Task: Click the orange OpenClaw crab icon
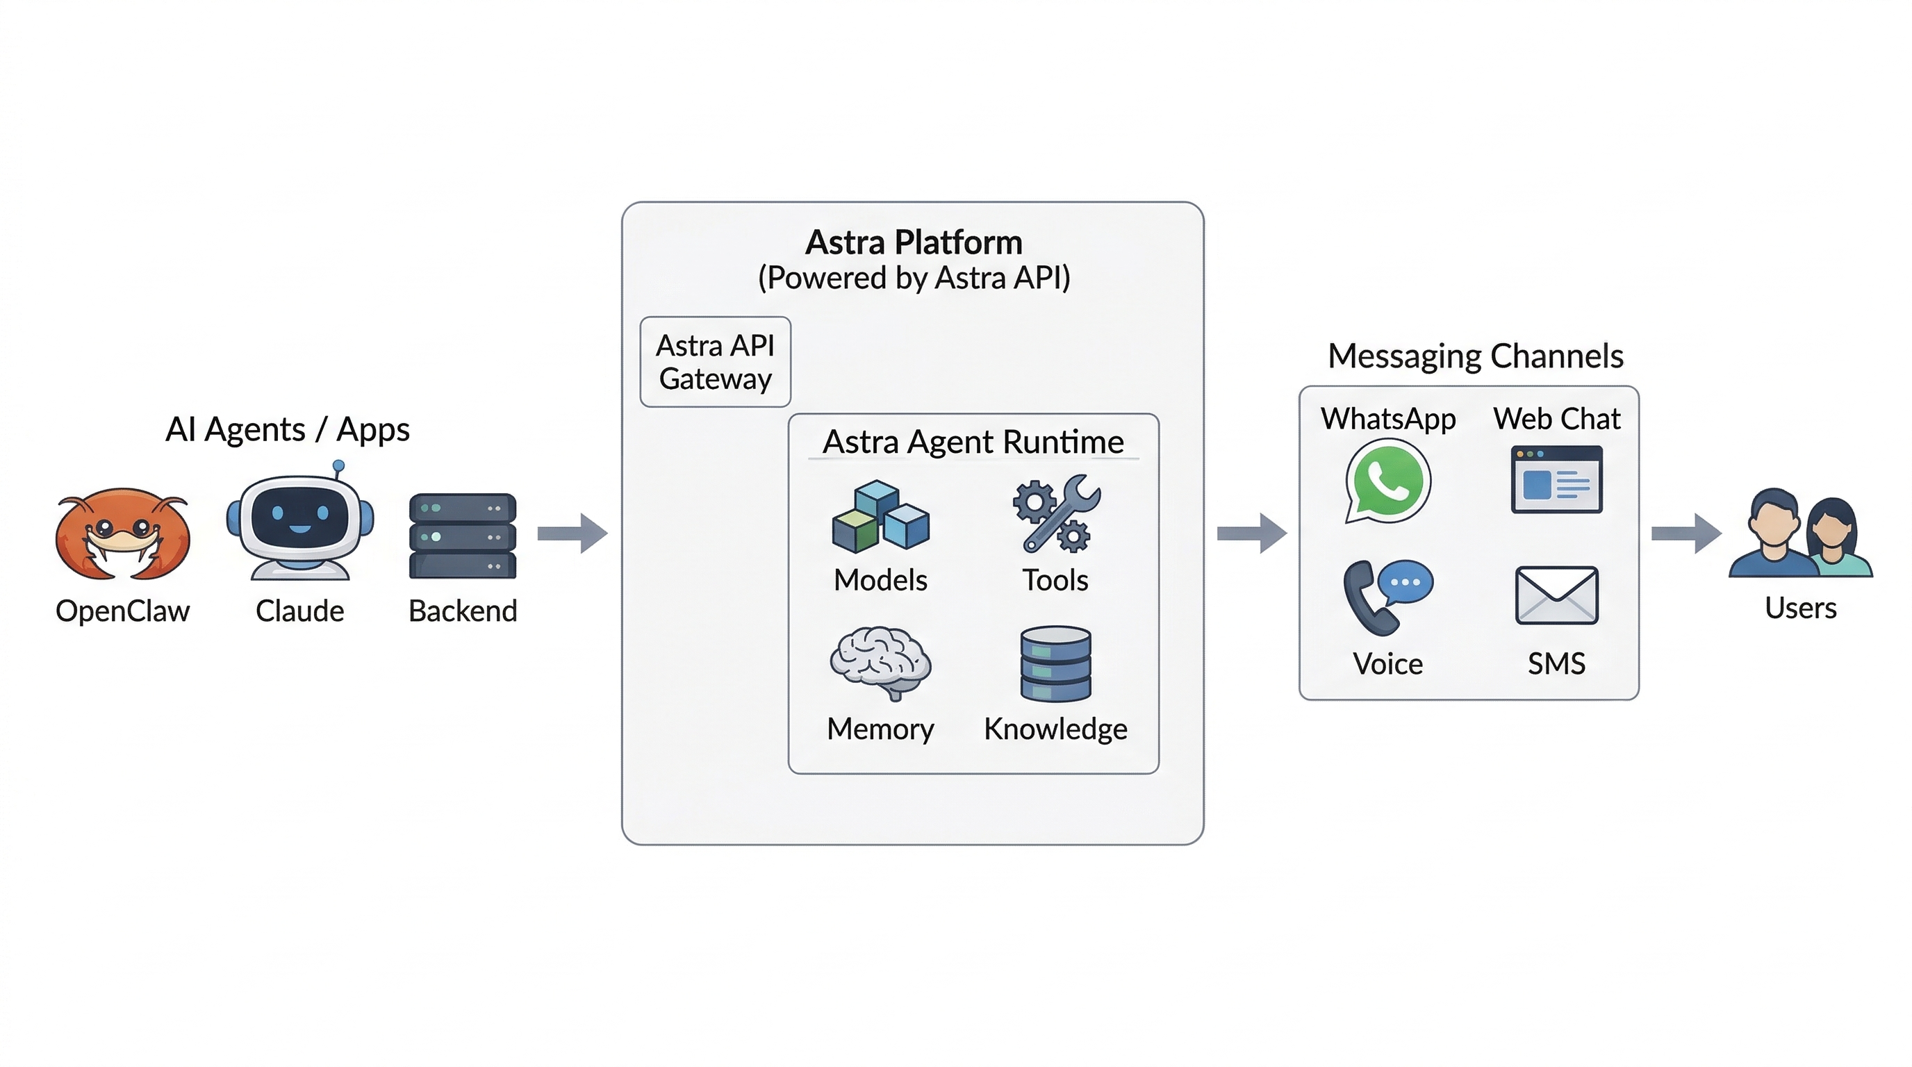(x=122, y=533)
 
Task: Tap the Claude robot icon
(x=300, y=523)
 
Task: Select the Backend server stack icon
(x=463, y=535)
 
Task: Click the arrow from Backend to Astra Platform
(x=572, y=533)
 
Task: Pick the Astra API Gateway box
(x=715, y=361)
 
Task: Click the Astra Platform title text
(x=914, y=242)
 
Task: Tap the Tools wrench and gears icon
(x=1056, y=514)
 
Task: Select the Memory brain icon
(x=880, y=663)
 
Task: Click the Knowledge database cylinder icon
(x=1055, y=663)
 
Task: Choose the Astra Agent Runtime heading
(x=973, y=442)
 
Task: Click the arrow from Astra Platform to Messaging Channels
(x=1251, y=533)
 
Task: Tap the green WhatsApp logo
(x=1387, y=481)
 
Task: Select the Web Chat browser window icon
(x=1556, y=479)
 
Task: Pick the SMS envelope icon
(x=1556, y=595)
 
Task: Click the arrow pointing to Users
(x=1686, y=533)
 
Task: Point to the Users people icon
(x=1801, y=533)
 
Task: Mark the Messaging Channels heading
(x=1475, y=356)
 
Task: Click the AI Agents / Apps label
(x=287, y=429)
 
